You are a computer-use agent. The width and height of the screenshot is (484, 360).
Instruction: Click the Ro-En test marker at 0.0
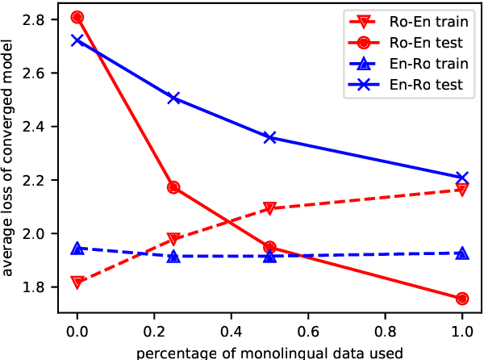pyautogui.click(x=77, y=17)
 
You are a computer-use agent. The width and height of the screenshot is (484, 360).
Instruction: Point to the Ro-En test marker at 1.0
pyautogui.click(x=462, y=299)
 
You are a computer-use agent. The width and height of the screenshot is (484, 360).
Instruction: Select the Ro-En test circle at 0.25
pyautogui.click(x=173, y=187)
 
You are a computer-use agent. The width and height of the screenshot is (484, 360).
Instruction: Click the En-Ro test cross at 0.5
pyautogui.click(x=270, y=137)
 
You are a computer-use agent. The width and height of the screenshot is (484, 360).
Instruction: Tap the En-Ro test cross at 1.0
pyautogui.click(x=462, y=178)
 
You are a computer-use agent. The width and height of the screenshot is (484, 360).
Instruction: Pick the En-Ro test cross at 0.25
pyautogui.click(x=173, y=98)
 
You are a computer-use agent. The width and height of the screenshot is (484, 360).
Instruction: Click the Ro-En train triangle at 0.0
pyautogui.click(x=77, y=283)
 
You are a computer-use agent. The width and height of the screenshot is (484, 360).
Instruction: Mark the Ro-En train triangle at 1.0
pyautogui.click(x=462, y=190)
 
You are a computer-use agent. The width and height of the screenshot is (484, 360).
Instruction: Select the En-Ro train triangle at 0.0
pyautogui.click(x=77, y=249)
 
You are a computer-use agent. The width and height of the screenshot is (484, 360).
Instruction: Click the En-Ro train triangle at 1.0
pyautogui.click(x=462, y=253)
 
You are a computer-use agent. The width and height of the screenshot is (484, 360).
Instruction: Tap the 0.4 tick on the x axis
pyautogui.click(x=232, y=333)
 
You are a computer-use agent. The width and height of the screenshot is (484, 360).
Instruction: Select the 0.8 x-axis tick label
pyautogui.click(x=386, y=333)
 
